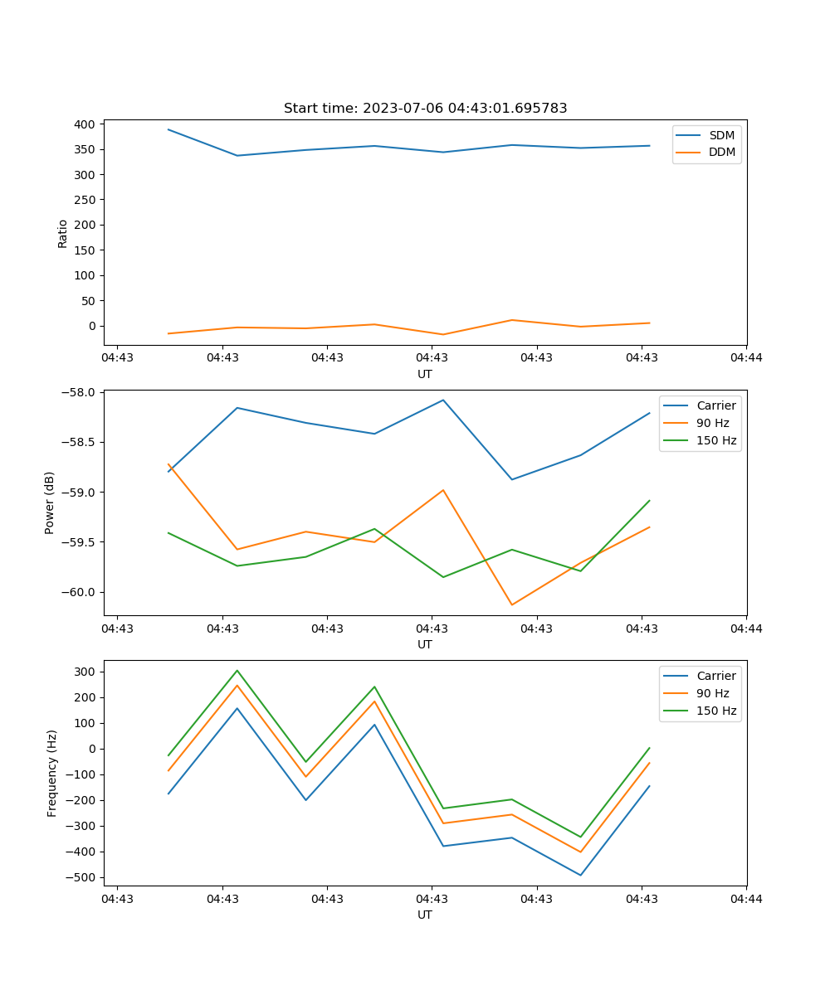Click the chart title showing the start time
(x=425, y=109)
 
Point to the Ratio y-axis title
(x=63, y=234)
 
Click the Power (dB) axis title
(x=50, y=502)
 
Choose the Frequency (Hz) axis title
(x=52, y=773)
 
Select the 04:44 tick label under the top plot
(x=746, y=358)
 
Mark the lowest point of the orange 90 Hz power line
(x=512, y=604)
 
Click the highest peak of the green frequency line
(x=237, y=670)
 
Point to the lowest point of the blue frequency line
(x=580, y=875)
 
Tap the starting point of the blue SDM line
(x=168, y=129)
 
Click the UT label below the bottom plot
(x=425, y=915)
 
